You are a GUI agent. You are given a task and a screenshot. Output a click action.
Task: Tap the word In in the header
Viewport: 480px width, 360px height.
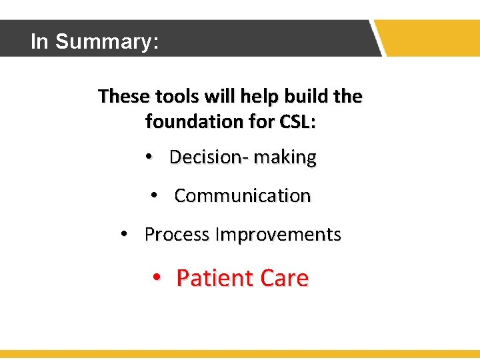point(40,41)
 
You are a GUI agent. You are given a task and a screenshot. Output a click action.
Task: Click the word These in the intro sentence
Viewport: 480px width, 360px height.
point(124,97)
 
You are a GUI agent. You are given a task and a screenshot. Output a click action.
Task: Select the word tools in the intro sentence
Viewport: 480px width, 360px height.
point(177,97)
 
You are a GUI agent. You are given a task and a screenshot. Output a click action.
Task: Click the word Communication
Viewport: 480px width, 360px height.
point(243,196)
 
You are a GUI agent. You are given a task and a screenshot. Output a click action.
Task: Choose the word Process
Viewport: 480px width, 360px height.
point(177,235)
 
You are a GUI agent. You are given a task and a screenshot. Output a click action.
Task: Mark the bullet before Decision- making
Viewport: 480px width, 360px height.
point(150,158)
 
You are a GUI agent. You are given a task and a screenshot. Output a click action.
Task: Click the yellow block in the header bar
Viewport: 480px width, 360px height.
point(431,38)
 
